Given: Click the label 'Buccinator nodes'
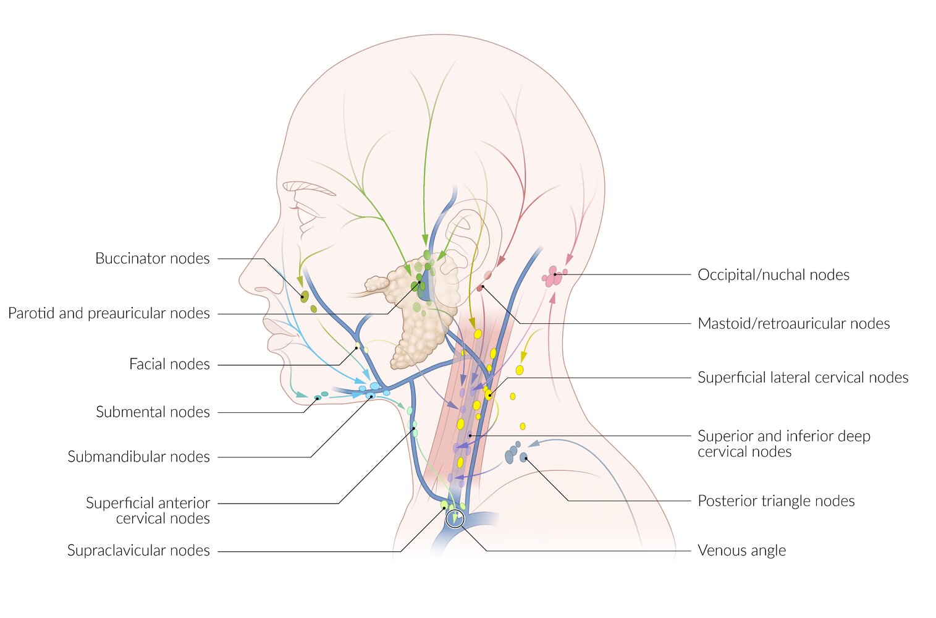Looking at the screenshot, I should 152,258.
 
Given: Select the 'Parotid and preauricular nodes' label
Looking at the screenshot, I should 109,313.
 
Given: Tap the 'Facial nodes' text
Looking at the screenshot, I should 169,365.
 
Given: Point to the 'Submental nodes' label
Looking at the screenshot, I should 153,412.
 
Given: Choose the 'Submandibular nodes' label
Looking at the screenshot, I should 138,457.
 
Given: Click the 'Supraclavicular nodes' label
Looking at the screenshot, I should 138,551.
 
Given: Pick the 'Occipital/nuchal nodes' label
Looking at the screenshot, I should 773,275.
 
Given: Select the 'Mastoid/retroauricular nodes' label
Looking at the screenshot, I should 793,324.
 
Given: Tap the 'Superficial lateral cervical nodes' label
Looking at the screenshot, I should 803,378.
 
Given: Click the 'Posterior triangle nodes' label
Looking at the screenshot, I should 776,501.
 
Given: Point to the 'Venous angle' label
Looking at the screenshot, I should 741,551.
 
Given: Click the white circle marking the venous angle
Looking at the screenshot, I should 455,519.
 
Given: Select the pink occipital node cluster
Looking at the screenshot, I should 554,276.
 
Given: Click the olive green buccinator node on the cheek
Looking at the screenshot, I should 304,296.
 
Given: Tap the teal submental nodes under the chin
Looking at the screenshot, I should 321,396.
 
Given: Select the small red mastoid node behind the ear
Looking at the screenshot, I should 479,288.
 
